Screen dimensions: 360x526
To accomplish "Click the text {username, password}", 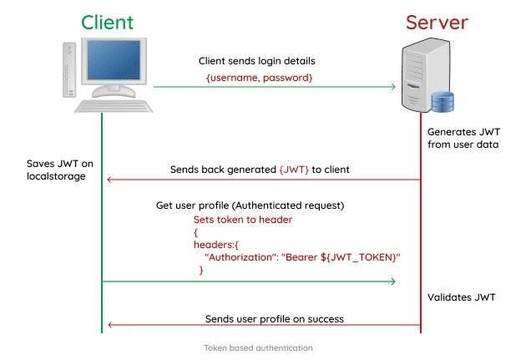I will (259, 78).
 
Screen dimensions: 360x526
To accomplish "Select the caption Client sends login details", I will (257, 61).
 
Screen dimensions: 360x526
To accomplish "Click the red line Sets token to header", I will (243, 219).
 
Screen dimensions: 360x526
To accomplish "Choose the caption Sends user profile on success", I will (275, 319).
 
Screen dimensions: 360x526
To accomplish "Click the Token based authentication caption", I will (258, 347).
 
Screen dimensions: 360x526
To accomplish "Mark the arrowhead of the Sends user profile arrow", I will (107, 325).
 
